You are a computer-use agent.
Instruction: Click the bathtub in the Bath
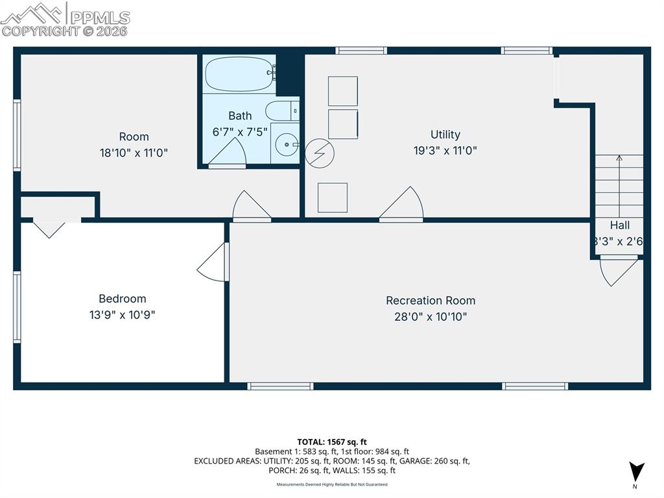(x=238, y=75)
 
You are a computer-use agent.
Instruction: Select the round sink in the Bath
(x=285, y=143)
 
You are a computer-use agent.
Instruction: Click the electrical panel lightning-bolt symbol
(x=319, y=153)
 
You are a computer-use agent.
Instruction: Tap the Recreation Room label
(x=430, y=301)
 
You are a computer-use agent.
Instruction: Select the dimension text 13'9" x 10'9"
(x=122, y=315)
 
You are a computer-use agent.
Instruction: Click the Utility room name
(x=445, y=134)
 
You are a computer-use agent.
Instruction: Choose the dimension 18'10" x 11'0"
(x=134, y=153)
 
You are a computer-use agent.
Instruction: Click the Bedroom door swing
(x=213, y=263)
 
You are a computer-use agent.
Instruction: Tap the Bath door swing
(x=228, y=153)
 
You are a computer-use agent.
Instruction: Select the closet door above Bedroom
(x=49, y=228)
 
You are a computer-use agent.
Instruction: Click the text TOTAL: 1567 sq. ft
(x=332, y=442)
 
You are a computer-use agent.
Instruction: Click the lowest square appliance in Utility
(x=332, y=197)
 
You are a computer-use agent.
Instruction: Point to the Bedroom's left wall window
(x=17, y=306)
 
